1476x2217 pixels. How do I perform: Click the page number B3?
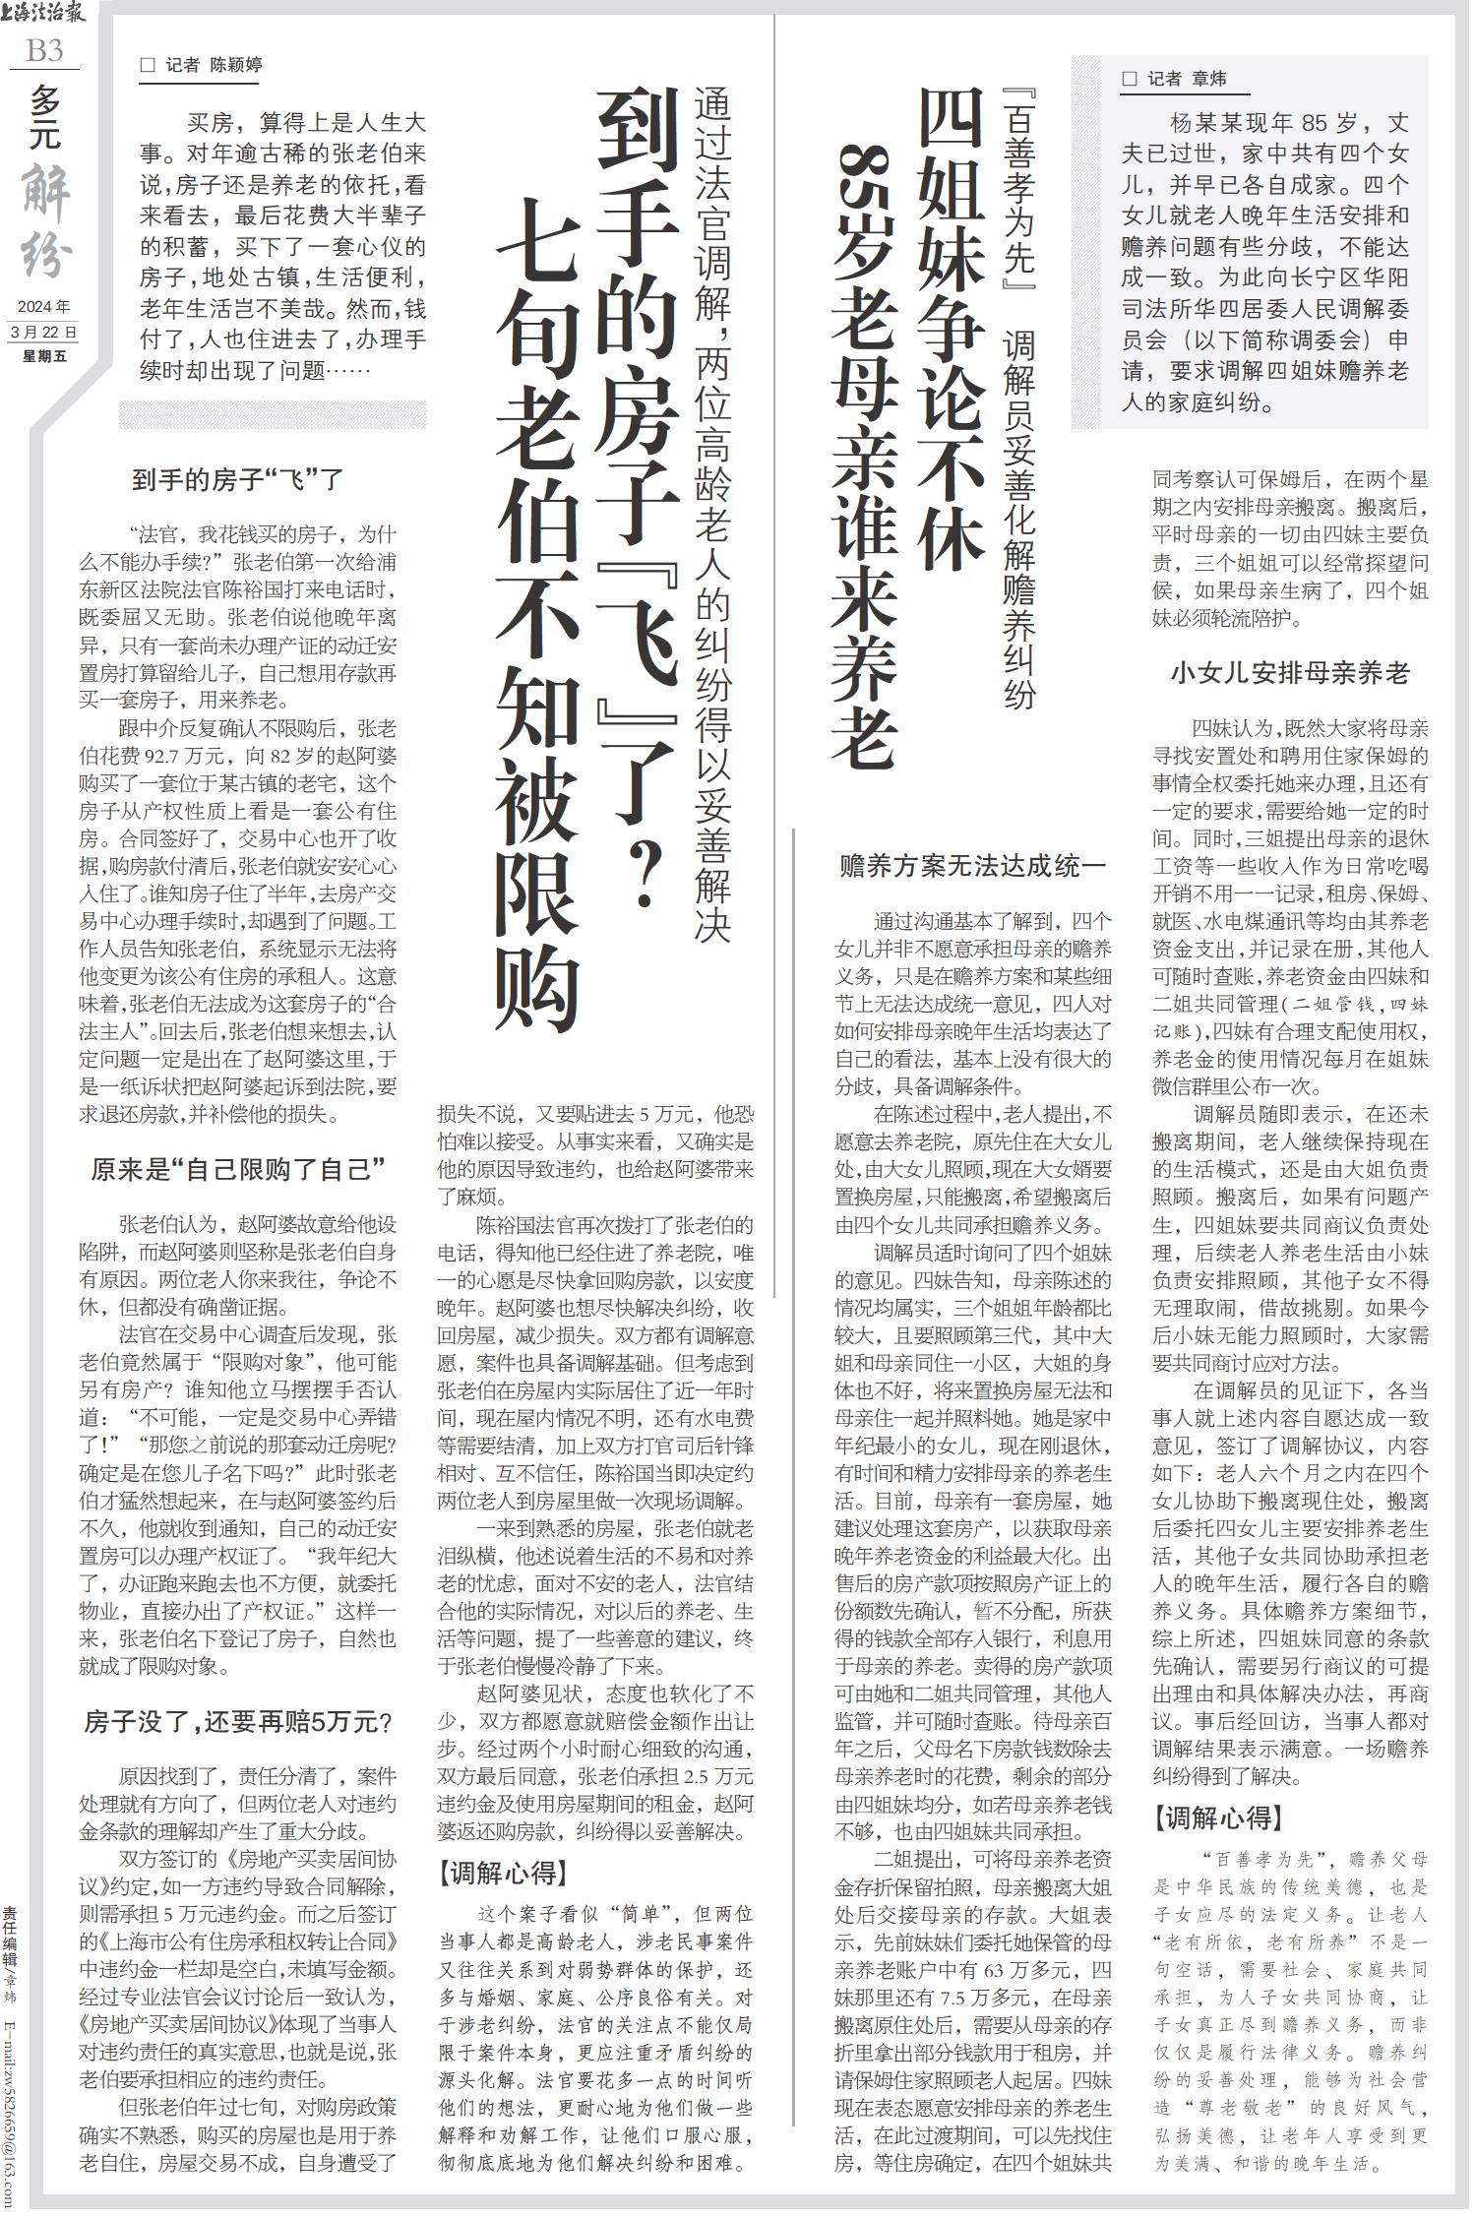[44, 50]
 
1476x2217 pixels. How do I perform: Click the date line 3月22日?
[43, 332]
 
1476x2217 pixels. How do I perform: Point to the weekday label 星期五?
[44, 356]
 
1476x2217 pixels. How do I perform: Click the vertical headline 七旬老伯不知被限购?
[537, 610]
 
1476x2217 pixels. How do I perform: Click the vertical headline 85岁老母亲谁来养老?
[865, 453]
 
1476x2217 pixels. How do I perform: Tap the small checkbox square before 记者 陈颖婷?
[149, 66]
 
